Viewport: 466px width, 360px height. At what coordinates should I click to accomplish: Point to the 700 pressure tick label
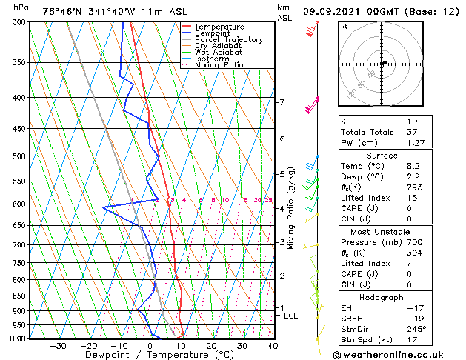[x=20, y=244]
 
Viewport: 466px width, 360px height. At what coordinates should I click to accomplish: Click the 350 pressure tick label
[x=20, y=62]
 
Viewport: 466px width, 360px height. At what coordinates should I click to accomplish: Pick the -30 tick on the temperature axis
[x=58, y=346]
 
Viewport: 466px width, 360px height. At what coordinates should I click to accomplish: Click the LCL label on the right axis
[x=291, y=316]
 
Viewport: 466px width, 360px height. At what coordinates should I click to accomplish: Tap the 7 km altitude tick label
[x=282, y=102]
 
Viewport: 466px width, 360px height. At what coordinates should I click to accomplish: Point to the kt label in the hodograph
[x=344, y=27]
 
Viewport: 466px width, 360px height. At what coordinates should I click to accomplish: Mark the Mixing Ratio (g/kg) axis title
[x=291, y=207]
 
